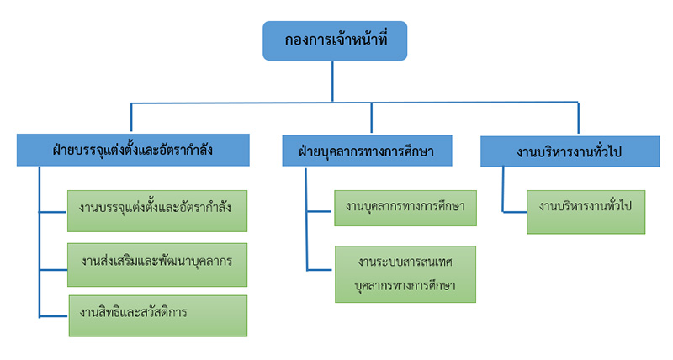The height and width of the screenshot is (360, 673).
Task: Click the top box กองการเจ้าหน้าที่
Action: tap(335, 40)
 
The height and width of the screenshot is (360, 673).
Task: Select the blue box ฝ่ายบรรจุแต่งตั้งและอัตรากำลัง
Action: tap(132, 151)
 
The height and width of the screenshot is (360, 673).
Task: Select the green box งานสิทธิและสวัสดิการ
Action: tap(156, 315)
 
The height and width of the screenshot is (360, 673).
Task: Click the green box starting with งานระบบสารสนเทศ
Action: tap(405, 273)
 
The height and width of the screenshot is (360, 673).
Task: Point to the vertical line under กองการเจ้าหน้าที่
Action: tap(335, 82)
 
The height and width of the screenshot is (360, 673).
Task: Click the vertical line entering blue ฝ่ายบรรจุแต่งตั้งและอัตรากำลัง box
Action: tap(130, 119)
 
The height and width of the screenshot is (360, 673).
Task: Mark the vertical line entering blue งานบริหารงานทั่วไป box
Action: tap(578, 119)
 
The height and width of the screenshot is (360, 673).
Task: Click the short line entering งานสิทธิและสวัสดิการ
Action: tap(53, 315)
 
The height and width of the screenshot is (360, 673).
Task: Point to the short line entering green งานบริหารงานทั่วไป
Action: tap(515, 210)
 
